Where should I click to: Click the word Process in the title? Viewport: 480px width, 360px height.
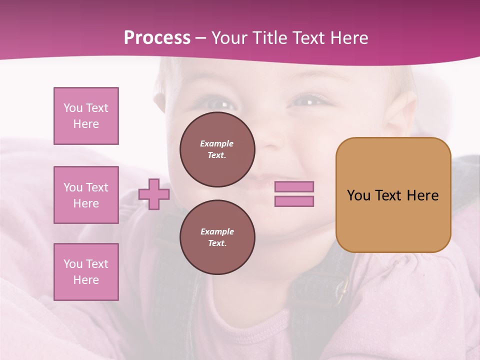click(x=157, y=37)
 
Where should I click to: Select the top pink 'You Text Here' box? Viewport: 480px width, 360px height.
click(x=86, y=116)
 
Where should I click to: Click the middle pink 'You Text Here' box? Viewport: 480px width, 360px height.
click(x=86, y=195)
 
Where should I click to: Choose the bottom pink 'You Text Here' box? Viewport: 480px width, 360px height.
click(x=86, y=272)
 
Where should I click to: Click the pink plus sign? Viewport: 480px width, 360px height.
click(x=154, y=194)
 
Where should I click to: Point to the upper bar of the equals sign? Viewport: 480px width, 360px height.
click(x=294, y=186)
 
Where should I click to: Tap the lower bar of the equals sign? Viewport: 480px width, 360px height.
click(x=294, y=201)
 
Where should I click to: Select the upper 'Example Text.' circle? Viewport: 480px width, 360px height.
click(x=217, y=149)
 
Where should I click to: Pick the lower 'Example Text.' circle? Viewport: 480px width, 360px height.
click(x=217, y=237)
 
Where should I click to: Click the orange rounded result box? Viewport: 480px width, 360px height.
click(x=393, y=195)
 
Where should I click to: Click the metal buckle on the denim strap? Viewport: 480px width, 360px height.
click(x=343, y=287)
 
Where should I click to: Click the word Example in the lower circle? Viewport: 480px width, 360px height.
click(x=217, y=231)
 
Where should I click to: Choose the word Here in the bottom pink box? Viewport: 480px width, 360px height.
click(x=86, y=280)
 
